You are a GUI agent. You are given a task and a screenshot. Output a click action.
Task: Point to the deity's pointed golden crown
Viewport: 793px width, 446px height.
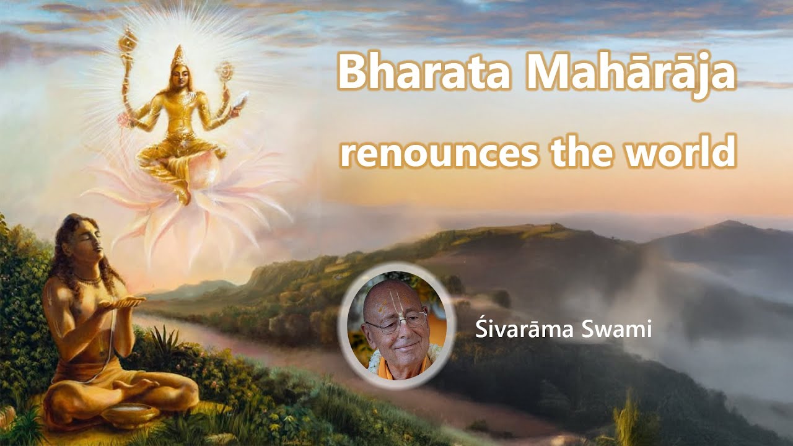point(178,55)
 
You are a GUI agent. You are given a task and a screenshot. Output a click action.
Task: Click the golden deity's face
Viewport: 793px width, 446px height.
point(179,77)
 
